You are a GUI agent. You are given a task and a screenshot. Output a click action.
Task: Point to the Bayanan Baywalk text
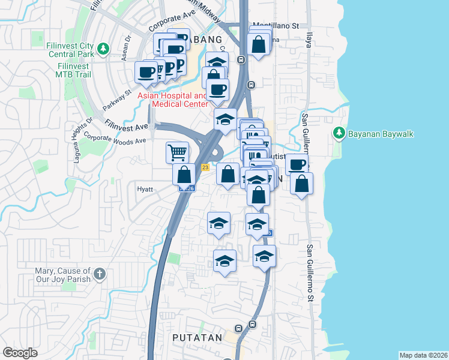381,133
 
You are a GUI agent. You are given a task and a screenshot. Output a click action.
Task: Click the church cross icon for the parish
100,274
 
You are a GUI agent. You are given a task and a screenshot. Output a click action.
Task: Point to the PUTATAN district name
197,338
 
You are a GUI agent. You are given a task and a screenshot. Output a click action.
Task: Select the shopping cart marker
178,152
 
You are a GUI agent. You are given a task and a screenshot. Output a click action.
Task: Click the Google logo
20,352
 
